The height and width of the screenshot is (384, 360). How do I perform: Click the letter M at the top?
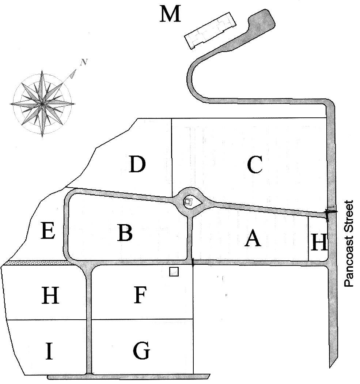(171, 15)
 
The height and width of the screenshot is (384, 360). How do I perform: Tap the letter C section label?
(255, 165)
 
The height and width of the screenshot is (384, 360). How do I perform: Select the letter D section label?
(137, 164)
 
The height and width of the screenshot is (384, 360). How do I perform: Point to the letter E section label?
(48, 231)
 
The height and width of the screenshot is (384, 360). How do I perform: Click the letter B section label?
(125, 233)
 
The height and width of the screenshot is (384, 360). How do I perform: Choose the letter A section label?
(253, 239)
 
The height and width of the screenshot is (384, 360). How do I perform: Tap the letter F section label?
(140, 295)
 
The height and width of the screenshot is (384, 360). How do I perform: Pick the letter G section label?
(141, 351)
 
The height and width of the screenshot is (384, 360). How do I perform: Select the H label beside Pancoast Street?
(319, 243)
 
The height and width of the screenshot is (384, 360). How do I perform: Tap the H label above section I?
(50, 295)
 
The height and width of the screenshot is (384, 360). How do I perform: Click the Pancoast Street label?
(350, 243)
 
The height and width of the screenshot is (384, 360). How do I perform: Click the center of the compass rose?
(42, 104)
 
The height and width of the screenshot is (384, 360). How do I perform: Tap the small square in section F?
(174, 272)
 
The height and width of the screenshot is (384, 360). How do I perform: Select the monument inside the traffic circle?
(189, 201)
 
